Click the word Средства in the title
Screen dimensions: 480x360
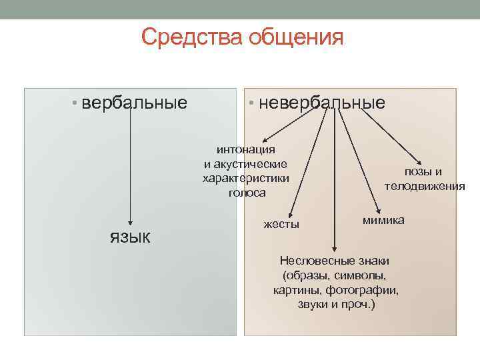[191, 37]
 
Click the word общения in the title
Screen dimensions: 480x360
[296, 38]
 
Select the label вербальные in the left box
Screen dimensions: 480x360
[134, 103]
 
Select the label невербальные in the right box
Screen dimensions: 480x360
[322, 103]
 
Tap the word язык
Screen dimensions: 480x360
[130, 237]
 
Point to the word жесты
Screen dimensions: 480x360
[281, 225]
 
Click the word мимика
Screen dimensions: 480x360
[383, 220]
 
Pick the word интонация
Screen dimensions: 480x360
[246, 150]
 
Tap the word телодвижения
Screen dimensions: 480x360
[425, 186]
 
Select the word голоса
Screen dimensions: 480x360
[247, 193]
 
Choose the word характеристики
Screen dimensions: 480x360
[246, 179]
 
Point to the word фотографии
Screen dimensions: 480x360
[362, 289]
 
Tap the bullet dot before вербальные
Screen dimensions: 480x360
[74, 103]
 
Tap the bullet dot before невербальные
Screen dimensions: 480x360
[251, 103]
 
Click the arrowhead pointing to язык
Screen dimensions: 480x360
[130, 223]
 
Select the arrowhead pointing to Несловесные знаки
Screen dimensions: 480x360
[335, 249]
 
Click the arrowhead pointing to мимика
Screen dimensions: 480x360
[379, 211]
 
